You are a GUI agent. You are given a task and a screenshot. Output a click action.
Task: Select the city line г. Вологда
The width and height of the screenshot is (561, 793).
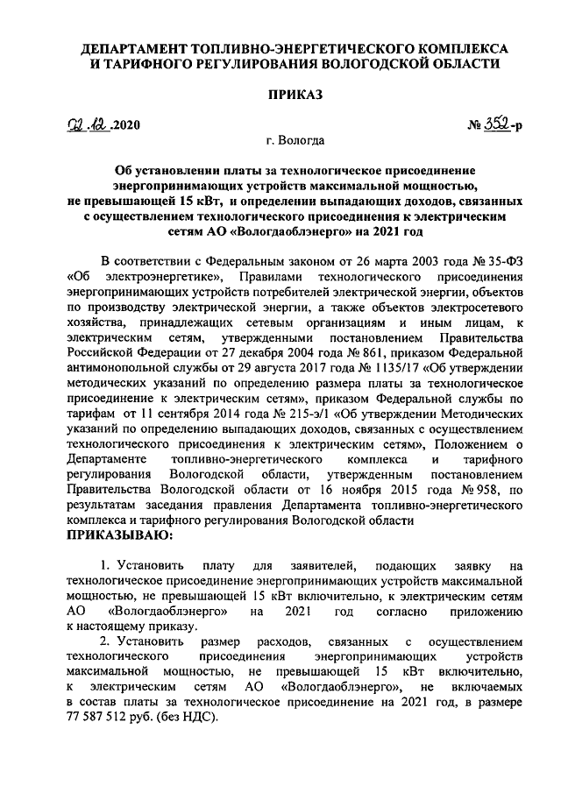(x=282, y=140)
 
